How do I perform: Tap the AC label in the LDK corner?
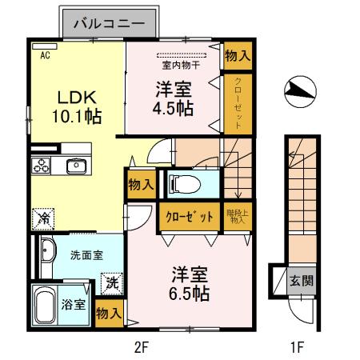[x=45, y=56]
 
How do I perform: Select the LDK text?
[x=76, y=96]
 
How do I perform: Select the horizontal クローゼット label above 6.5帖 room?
[x=190, y=217]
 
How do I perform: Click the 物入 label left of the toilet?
[x=141, y=185]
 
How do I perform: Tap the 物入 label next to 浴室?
[x=108, y=313]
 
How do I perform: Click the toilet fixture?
[x=185, y=183]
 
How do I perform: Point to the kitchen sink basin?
[x=77, y=166]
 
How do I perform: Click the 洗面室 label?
[x=85, y=256]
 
